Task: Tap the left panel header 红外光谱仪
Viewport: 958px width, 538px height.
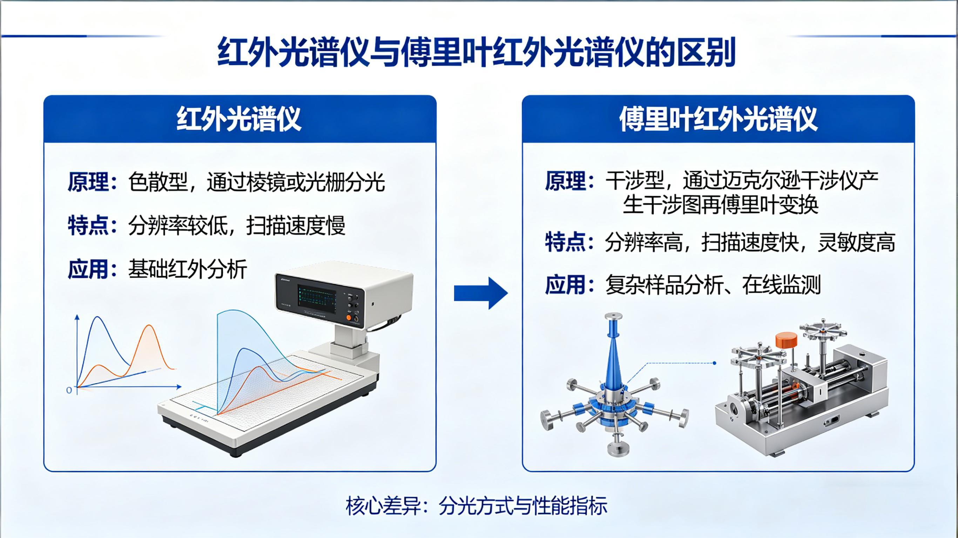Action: [239, 119]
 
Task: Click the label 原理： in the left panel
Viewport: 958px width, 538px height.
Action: [92, 182]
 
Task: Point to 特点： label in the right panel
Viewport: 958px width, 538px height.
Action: [569, 242]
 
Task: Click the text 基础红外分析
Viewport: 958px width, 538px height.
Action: [188, 269]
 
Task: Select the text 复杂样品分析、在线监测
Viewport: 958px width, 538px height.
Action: [713, 285]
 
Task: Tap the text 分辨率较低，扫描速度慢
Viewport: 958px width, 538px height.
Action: [237, 226]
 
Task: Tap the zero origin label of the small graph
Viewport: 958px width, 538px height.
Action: [69, 390]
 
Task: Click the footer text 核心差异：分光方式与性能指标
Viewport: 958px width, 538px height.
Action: [477, 506]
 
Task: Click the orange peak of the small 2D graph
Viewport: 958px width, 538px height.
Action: [149, 326]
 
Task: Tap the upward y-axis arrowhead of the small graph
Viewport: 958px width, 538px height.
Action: [77, 317]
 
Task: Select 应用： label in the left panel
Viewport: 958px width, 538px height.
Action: [92, 269]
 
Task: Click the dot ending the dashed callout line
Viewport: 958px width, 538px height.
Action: [714, 363]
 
